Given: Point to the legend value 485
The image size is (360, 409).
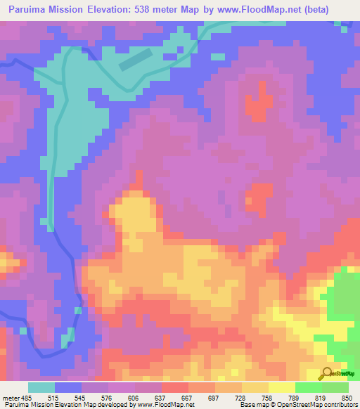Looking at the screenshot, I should click(27, 397).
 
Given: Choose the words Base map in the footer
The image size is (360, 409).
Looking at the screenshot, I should click(252, 405).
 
